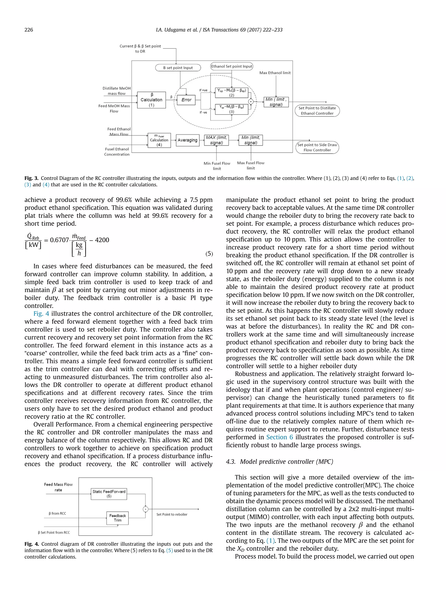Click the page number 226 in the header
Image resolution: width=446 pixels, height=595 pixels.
[29, 30]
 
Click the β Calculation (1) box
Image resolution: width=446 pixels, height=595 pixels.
[151, 100]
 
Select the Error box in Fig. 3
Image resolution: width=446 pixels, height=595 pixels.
[186, 100]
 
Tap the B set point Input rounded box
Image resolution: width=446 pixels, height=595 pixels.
[178, 68]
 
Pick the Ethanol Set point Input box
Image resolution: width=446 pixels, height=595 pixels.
[231, 66]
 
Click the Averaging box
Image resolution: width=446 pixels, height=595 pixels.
[187, 140]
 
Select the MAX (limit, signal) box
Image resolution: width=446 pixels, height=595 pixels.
[216, 140]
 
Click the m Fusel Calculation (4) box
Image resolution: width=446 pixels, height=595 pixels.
[159, 140]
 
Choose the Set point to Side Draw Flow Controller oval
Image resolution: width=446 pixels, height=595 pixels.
[317, 147]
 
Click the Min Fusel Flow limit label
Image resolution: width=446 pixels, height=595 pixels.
[217, 166]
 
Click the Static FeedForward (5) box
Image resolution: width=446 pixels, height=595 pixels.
[109, 494]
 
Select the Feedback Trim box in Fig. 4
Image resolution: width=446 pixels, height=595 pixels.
[117, 518]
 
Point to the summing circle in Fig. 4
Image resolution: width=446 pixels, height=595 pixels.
[145, 509]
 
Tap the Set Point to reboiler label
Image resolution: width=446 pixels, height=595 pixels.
[172, 514]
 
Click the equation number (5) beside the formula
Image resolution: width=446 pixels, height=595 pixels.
[209, 254]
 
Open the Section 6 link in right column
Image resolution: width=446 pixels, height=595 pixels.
[280, 437]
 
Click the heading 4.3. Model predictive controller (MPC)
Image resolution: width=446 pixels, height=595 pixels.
[279, 462]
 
